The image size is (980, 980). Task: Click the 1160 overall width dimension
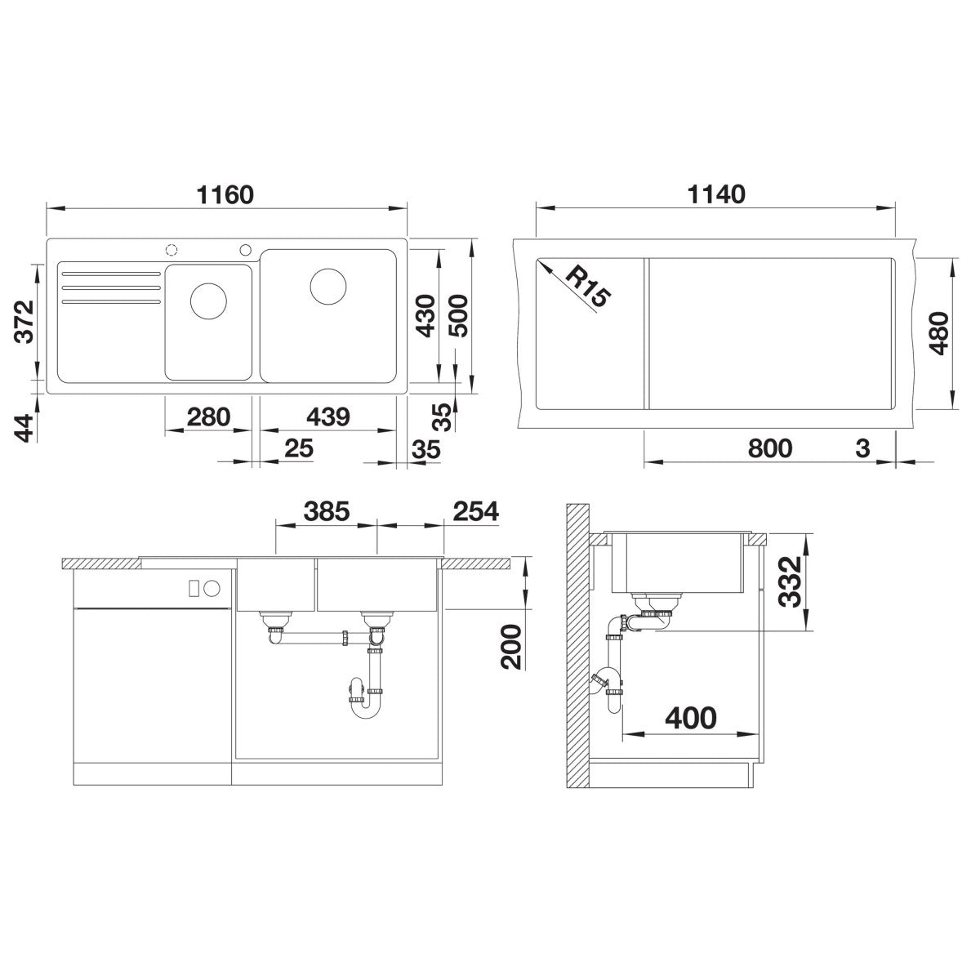pos(225,195)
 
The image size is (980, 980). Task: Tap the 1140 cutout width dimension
pos(716,195)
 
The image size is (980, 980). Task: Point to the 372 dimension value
pos(24,322)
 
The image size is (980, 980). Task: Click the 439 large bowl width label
pos(328,417)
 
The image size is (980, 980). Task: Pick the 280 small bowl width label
pos(208,417)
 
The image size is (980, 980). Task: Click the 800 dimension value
pos(770,448)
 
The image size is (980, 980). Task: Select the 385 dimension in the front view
pos(327,511)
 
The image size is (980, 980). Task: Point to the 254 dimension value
pos(476,511)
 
